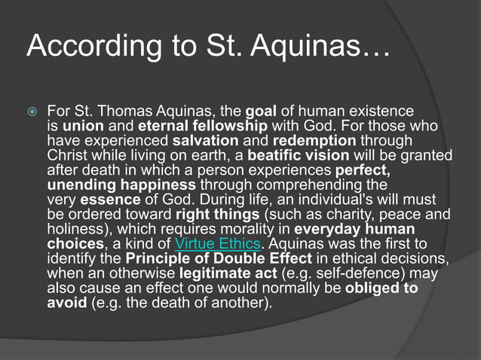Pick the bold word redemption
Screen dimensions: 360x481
coord(315,140)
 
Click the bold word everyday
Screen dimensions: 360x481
coord(326,229)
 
